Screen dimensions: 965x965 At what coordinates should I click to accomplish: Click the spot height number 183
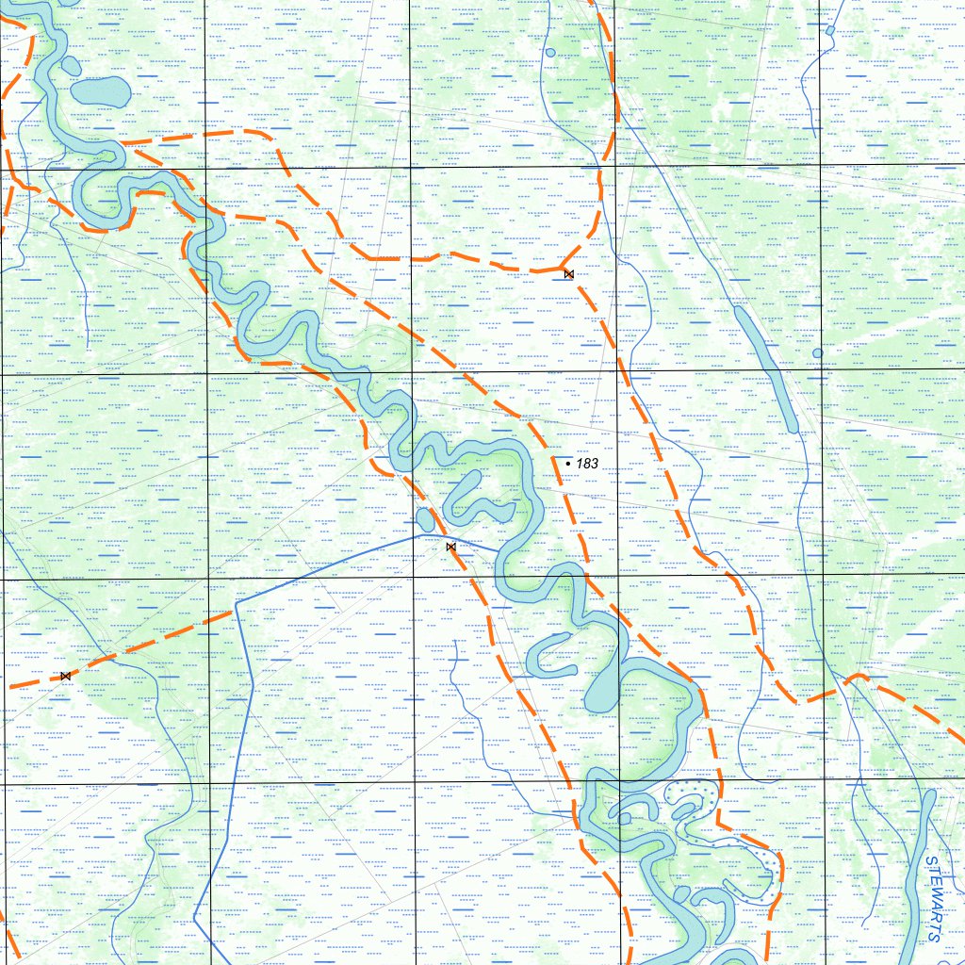(x=587, y=464)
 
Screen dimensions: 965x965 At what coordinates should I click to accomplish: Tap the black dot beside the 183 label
(x=567, y=464)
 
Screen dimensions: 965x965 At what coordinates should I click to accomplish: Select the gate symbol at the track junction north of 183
(x=568, y=273)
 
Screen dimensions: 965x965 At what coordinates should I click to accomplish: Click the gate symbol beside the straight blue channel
(x=450, y=547)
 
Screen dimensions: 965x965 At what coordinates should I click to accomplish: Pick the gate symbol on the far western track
(x=65, y=676)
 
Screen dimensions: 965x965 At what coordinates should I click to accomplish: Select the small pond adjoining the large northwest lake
(x=72, y=65)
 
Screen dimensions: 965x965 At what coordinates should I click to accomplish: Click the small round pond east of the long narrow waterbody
(x=817, y=352)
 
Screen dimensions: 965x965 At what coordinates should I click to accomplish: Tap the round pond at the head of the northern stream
(x=550, y=52)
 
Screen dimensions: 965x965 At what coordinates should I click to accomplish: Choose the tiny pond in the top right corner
(x=829, y=30)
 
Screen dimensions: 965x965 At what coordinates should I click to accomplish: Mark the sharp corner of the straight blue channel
(x=236, y=601)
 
